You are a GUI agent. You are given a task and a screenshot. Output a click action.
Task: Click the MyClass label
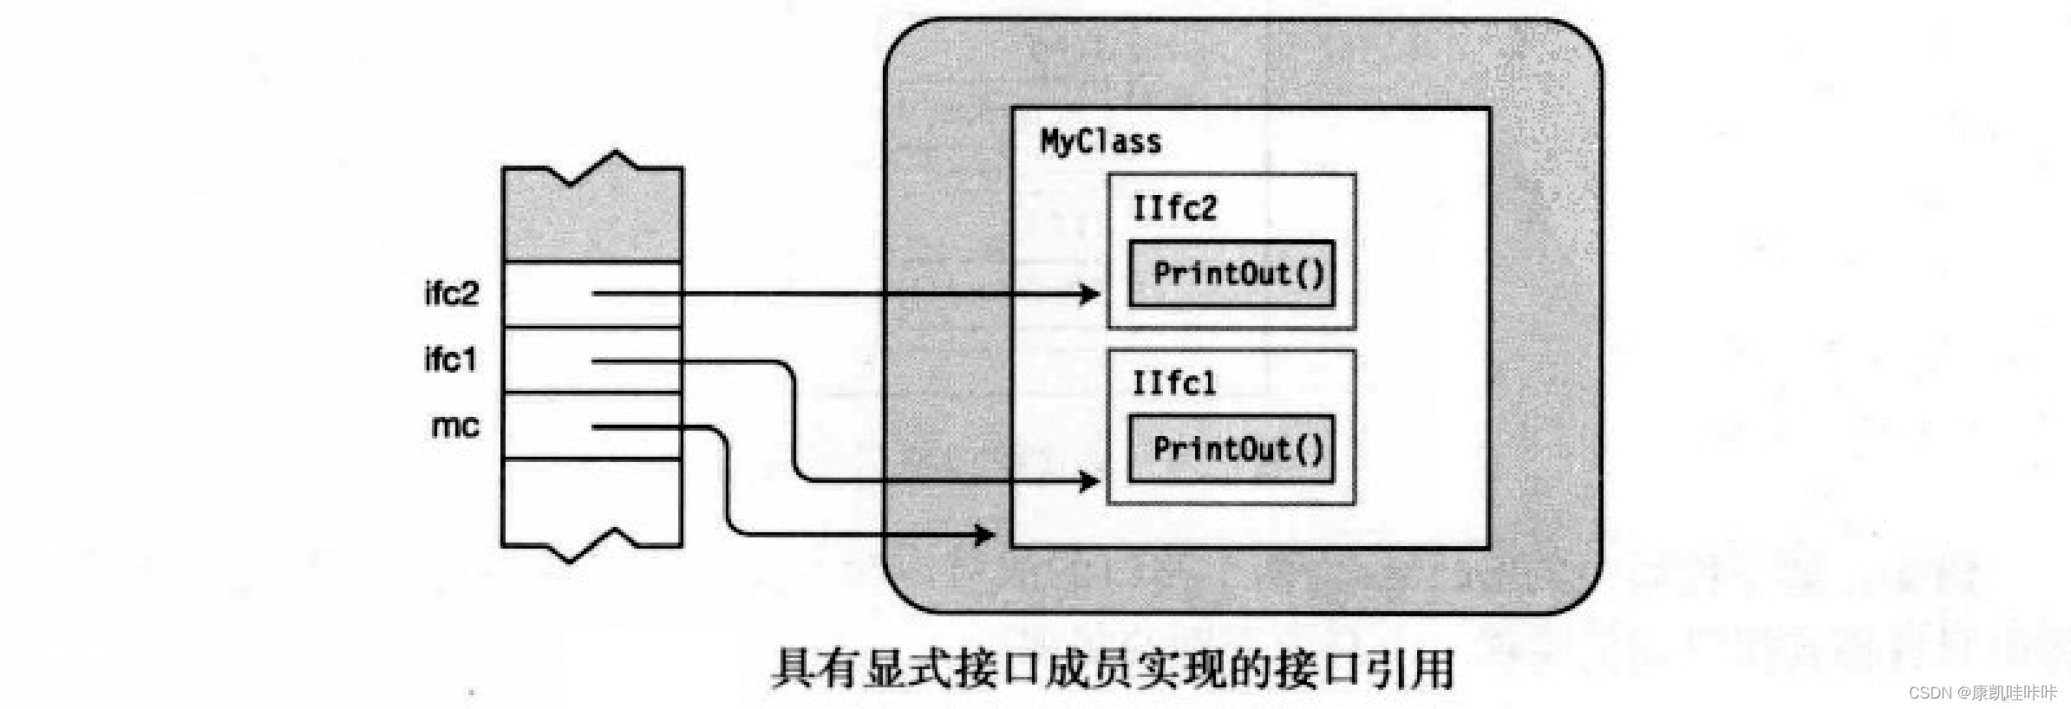click(1100, 142)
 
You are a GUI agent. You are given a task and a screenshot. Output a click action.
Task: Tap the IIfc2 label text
click(1174, 209)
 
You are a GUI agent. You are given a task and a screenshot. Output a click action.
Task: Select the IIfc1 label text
click(1173, 383)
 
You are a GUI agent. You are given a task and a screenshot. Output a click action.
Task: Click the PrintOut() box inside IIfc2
click(1231, 274)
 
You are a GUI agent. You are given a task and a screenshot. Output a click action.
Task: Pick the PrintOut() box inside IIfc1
click(1231, 449)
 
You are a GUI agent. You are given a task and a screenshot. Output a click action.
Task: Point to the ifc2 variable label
click(451, 294)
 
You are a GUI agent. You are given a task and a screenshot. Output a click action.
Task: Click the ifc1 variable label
click(450, 360)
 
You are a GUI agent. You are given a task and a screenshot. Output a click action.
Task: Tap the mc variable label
click(455, 426)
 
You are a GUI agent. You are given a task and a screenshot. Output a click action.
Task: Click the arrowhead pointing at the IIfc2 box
click(1089, 295)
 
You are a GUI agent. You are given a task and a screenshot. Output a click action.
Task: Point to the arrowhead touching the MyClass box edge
click(985, 534)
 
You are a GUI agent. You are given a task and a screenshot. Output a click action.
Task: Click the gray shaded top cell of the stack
click(592, 222)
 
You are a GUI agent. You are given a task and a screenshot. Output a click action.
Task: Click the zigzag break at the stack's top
click(593, 168)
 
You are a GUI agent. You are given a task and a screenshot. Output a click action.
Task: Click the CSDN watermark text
click(1983, 693)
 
